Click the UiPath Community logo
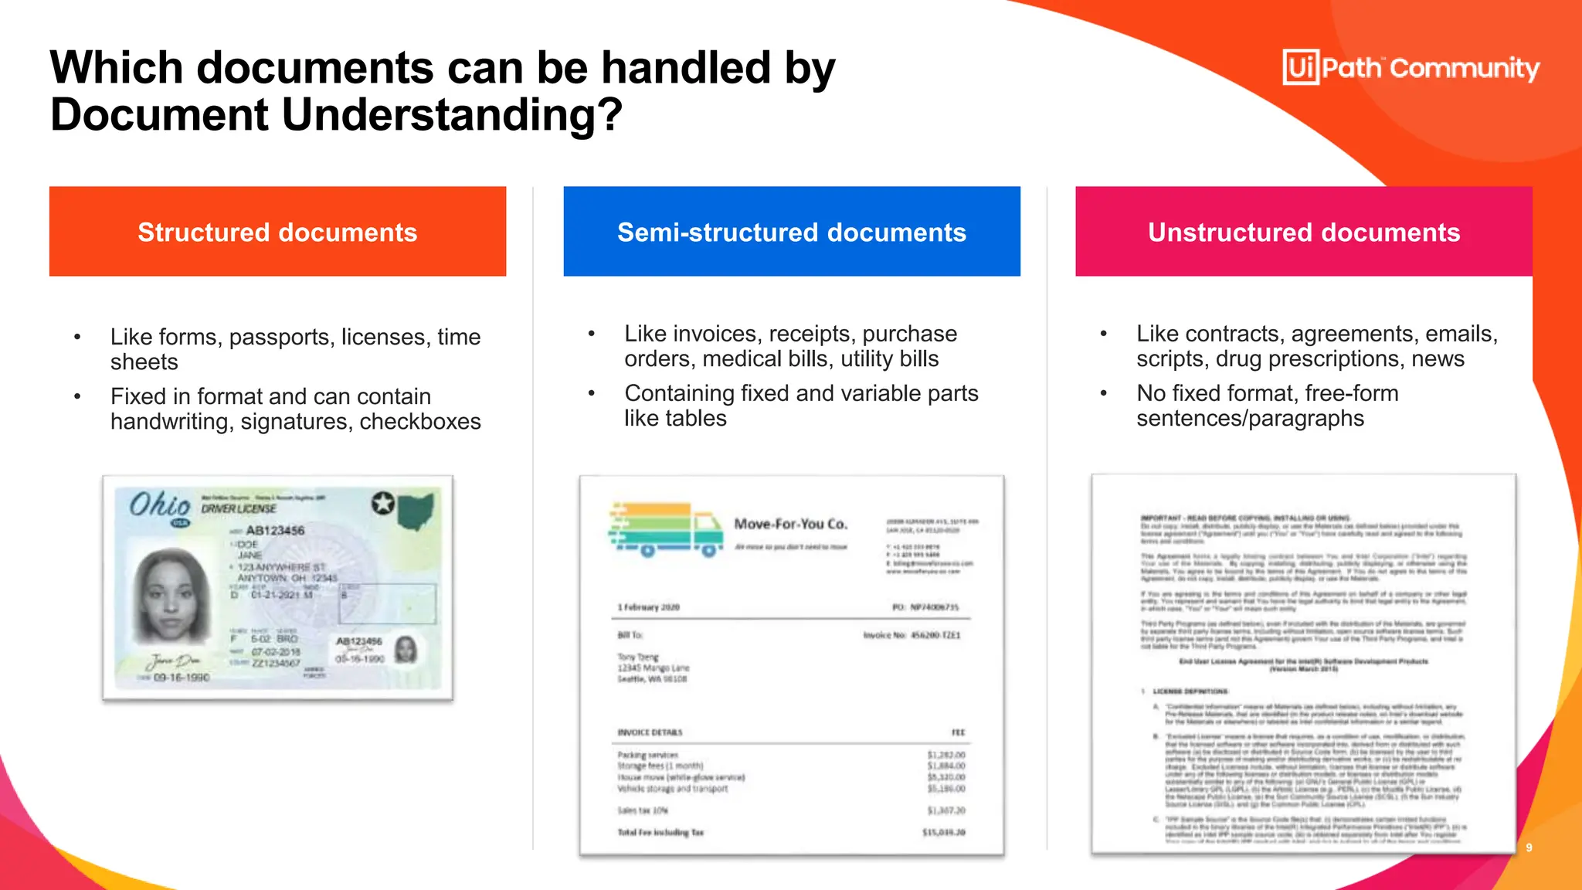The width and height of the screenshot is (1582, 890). click(1411, 68)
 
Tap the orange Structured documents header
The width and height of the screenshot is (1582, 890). click(277, 232)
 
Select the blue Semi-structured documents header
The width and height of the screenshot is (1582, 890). click(792, 232)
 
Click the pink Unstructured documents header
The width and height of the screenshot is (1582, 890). click(1304, 232)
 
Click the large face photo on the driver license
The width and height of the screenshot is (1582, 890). click(171, 595)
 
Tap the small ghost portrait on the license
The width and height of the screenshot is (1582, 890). click(406, 650)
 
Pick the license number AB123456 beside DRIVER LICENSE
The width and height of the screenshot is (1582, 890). click(275, 531)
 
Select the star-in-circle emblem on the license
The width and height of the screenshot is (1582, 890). click(382, 503)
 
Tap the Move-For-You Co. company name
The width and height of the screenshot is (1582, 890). click(790, 524)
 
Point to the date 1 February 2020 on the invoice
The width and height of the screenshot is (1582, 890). click(648, 607)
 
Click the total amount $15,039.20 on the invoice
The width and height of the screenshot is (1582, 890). click(943, 833)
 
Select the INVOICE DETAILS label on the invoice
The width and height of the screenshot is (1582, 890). click(650, 732)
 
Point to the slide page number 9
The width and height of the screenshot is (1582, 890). click(1529, 848)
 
